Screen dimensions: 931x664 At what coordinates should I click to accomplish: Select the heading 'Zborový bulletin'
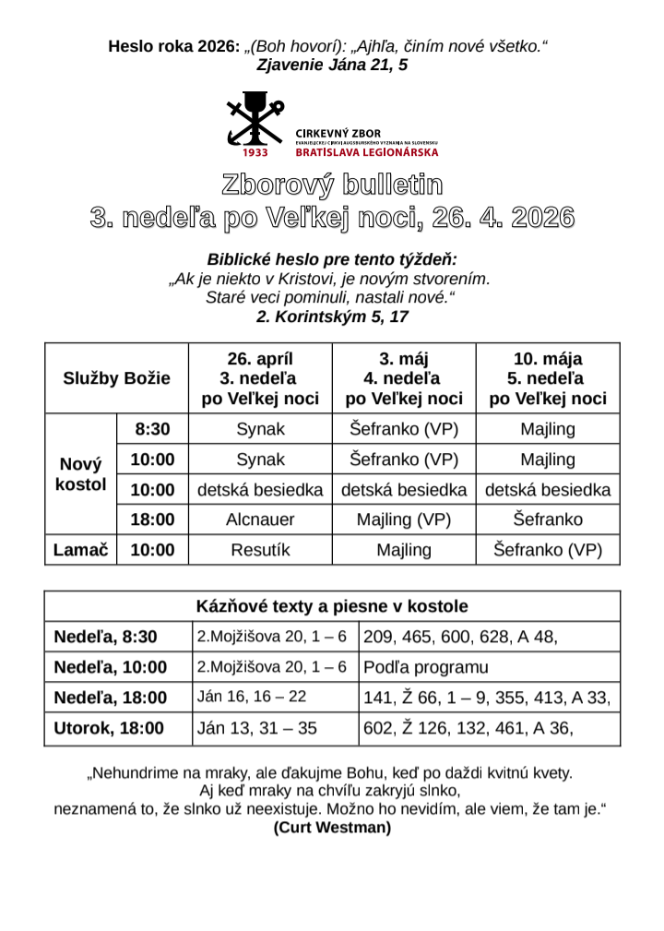click(332, 185)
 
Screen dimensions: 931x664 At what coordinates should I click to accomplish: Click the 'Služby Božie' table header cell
click(116, 378)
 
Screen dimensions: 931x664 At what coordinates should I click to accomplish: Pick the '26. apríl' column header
click(260, 378)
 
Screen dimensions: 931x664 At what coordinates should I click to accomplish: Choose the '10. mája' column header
click(548, 378)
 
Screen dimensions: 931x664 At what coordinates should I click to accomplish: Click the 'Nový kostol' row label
click(81, 474)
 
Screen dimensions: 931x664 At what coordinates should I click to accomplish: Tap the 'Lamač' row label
click(81, 550)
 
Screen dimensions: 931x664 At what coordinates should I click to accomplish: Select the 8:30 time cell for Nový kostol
click(152, 429)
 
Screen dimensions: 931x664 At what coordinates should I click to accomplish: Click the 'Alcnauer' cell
click(260, 519)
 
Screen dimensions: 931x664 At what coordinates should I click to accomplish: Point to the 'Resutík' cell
click(260, 550)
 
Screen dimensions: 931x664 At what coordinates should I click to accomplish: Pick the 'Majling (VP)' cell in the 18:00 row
click(404, 519)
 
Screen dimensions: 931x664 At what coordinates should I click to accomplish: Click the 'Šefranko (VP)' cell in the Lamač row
click(548, 550)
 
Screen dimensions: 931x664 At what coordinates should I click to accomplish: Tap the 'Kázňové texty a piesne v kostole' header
click(332, 606)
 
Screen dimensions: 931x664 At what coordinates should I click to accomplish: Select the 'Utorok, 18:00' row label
click(109, 728)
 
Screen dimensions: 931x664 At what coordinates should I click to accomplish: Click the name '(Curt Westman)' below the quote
click(332, 828)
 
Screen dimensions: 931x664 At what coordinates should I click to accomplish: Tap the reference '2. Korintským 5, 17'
click(332, 316)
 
